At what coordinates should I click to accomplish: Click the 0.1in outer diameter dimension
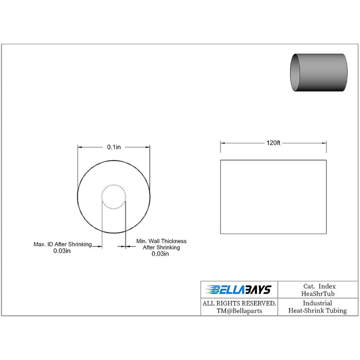tap(114, 147)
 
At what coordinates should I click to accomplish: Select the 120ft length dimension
tap(273, 143)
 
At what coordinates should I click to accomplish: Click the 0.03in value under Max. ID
tap(62, 251)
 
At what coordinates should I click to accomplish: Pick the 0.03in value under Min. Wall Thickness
tap(160, 254)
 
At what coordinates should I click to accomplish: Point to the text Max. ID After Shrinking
tap(63, 244)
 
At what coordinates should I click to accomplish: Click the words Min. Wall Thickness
tap(161, 241)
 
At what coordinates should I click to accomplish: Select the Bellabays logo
tap(239, 290)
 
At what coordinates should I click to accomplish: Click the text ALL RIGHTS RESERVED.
tap(239, 303)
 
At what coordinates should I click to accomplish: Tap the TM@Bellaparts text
tap(239, 311)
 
